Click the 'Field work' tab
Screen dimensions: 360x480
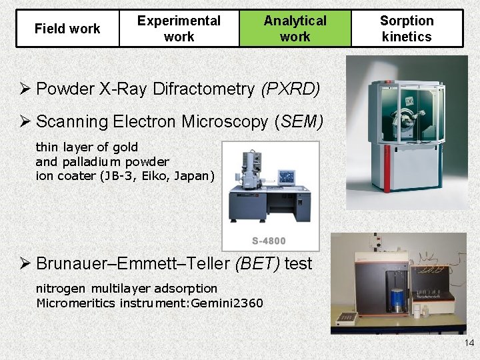tap(67, 29)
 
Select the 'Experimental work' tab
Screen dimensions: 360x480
tap(179, 29)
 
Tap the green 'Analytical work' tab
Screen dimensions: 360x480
tap(295, 29)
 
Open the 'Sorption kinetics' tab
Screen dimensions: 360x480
tap(406, 29)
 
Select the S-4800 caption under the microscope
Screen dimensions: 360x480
tap(269, 241)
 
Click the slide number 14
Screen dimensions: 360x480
tap(469, 343)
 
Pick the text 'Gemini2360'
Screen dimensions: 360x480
tap(229, 303)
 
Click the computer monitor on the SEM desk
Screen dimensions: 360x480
tap(286, 177)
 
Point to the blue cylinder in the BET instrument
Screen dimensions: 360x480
tap(397, 298)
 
